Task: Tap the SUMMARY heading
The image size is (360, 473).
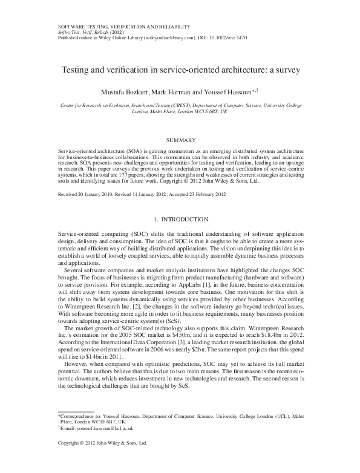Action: pos(180,140)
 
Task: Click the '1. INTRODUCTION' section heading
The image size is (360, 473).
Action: pos(180,218)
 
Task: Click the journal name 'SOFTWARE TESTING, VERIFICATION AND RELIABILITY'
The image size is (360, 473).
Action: pos(124,27)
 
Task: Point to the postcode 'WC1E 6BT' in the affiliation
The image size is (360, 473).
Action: pos(203,112)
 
